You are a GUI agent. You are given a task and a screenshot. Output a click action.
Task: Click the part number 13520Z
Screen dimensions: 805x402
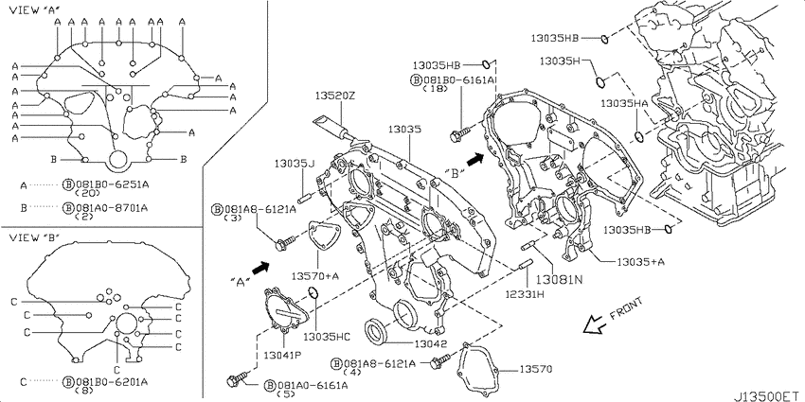[x=334, y=96]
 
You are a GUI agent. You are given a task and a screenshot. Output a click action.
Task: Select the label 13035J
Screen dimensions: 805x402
[x=294, y=164]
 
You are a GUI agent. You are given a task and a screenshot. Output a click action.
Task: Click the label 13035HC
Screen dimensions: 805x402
[x=327, y=337]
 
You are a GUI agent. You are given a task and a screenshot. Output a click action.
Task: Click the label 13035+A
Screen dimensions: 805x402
[x=641, y=262]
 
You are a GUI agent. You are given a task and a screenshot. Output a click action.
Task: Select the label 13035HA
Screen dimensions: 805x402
[x=625, y=103]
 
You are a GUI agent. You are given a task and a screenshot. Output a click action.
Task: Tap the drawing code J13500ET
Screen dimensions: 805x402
[x=768, y=395]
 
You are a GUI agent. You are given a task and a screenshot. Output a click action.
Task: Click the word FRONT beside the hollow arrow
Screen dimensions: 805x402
[x=626, y=309]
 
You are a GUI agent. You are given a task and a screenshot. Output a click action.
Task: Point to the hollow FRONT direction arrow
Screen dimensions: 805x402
[x=595, y=324]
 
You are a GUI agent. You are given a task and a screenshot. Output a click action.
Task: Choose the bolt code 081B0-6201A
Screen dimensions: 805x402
[x=112, y=381]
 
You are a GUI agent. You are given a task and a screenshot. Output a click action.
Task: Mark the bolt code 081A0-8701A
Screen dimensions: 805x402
[x=112, y=208]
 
